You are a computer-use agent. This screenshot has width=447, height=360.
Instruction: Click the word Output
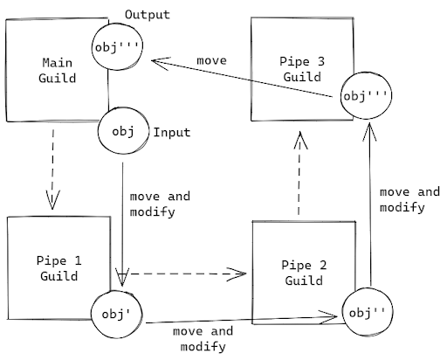pos(147,16)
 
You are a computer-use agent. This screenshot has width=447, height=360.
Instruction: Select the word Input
pos(172,133)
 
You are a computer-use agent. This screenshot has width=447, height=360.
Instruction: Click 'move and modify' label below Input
pos(158,204)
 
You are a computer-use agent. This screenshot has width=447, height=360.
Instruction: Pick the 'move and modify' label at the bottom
pos(203,339)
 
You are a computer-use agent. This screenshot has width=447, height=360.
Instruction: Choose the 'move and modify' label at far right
pos(409,199)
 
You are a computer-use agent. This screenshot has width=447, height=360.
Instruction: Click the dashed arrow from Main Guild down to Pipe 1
pos(54,166)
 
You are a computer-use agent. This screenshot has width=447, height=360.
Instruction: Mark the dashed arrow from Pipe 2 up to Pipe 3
pos(299,174)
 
